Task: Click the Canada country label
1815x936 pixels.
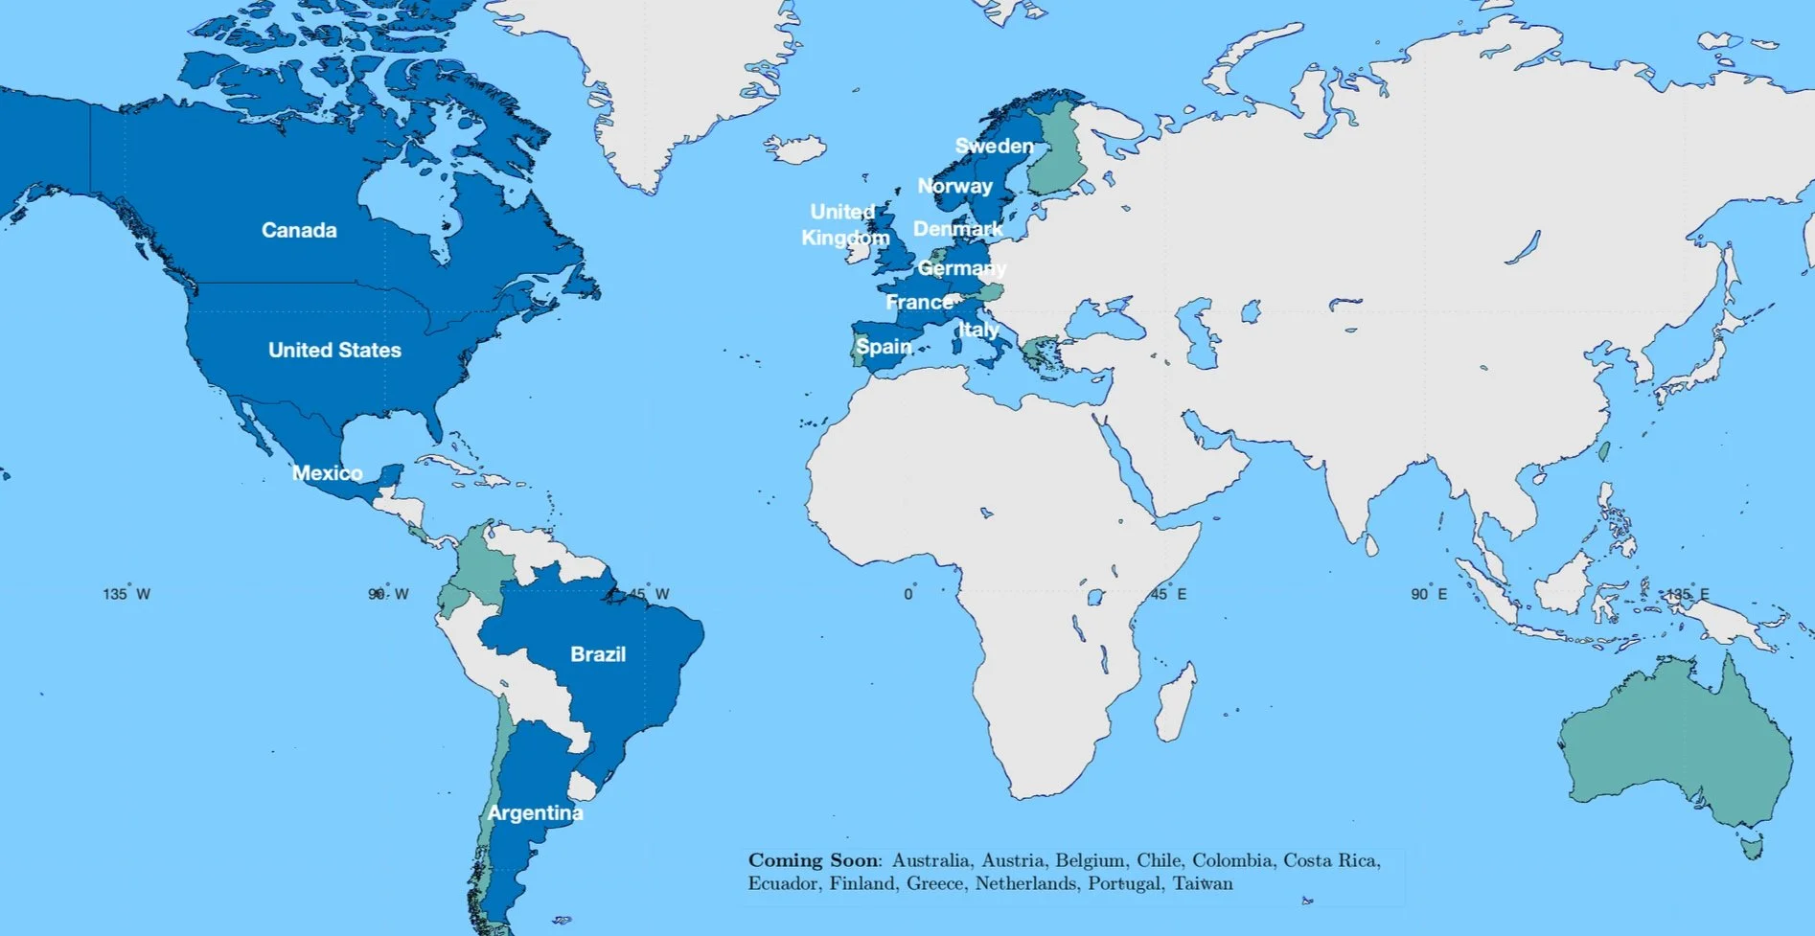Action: (x=299, y=230)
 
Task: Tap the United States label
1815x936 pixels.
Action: (x=334, y=350)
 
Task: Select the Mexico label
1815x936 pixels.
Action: (x=327, y=472)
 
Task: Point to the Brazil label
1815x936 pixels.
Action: (x=598, y=654)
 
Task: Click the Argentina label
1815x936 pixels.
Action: (x=535, y=812)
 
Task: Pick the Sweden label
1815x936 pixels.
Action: (x=995, y=146)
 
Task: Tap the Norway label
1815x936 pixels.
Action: (x=955, y=186)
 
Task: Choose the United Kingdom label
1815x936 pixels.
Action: (x=844, y=224)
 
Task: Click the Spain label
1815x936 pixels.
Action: (x=884, y=346)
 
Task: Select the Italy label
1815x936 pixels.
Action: (x=978, y=330)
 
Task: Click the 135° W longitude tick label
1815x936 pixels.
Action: (x=126, y=594)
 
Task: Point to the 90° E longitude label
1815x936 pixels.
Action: (x=1429, y=594)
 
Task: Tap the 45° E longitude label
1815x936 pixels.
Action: (x=1168, y=594)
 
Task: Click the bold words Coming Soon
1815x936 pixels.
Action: (x=813, y=860)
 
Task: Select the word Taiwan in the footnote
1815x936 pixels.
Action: (x=1203, y=883)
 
